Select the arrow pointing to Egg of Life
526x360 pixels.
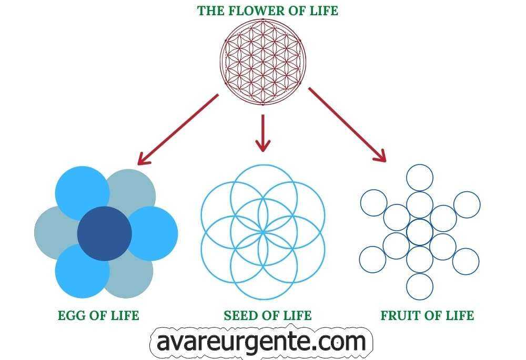click(177, 129)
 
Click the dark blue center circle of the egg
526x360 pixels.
click(104, 233)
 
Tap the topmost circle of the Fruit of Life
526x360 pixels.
click(420, 178)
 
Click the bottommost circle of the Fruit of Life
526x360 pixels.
click(420, 287)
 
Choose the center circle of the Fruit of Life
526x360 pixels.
click(420, 232)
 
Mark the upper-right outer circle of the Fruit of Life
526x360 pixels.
click(467, 204)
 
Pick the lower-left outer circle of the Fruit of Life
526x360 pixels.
click(372, 260)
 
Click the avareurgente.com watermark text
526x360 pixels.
click(261, 343)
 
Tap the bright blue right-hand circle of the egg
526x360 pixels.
click(153, 233)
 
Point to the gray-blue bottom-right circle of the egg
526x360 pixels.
click(129, 273)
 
